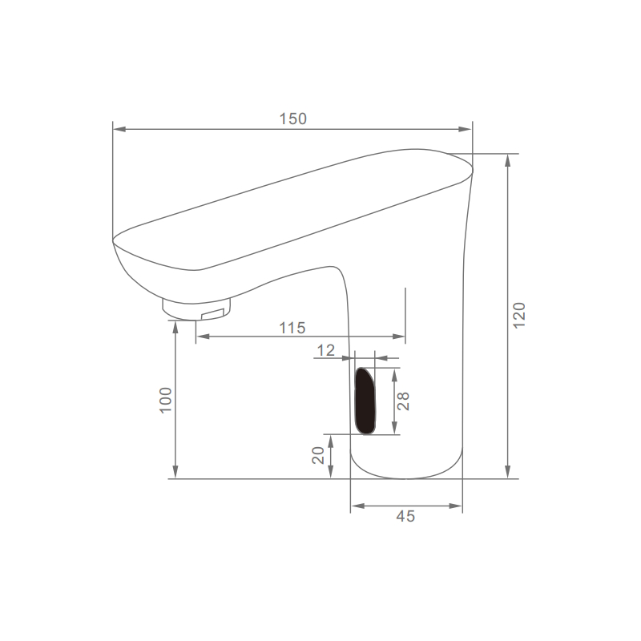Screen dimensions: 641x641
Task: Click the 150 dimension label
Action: [x=292, y=119]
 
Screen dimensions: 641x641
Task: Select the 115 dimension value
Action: [x=292, y=328]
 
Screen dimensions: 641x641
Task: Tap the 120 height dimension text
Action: [x=518, y=315]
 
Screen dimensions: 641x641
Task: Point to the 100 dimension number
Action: [x=166, y=400]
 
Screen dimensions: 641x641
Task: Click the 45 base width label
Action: [x=405, y=516]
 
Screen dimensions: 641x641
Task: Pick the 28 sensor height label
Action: [x=403, y=401]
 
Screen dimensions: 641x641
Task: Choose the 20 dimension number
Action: [x=318, y=455]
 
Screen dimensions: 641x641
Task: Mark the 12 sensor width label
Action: [x=326, y=350]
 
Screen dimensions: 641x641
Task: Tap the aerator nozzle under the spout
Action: [x=196, y=309]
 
